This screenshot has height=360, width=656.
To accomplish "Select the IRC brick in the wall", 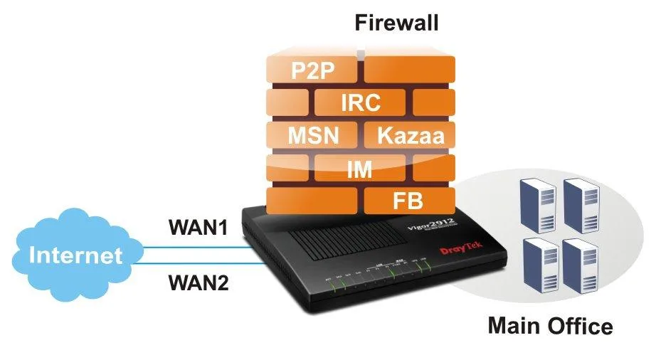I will click(361, 102).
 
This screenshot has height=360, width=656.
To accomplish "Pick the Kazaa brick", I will click(408, 134).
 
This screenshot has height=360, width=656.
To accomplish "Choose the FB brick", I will click(408, 200).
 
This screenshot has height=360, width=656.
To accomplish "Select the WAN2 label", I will click(198, 283).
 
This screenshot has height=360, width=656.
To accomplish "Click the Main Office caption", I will click(550, 326).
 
